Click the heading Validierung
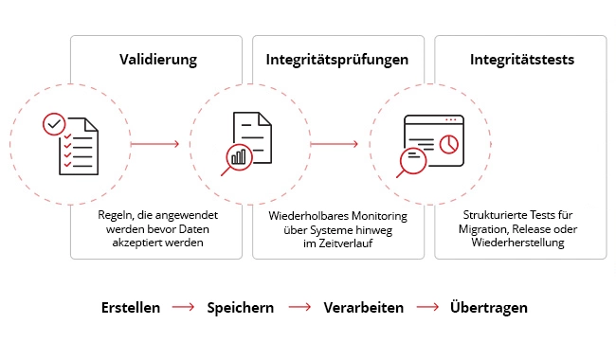[x=157, y=60]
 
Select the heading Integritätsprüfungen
[x=336, y=60]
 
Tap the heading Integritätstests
[x=521, y=60]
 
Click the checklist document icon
[x=72, y=144]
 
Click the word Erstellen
[x=130, y=308]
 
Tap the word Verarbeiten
[x=363, y=308]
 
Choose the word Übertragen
[x=489, y=308]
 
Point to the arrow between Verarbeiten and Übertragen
[x=426, y=308]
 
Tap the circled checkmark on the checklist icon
[x=55, y=124]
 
